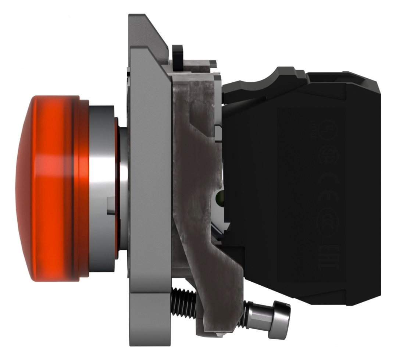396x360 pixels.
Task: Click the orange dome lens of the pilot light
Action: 44,188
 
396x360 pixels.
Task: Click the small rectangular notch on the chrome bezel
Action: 110,205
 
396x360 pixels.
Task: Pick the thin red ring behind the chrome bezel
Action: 117,188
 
